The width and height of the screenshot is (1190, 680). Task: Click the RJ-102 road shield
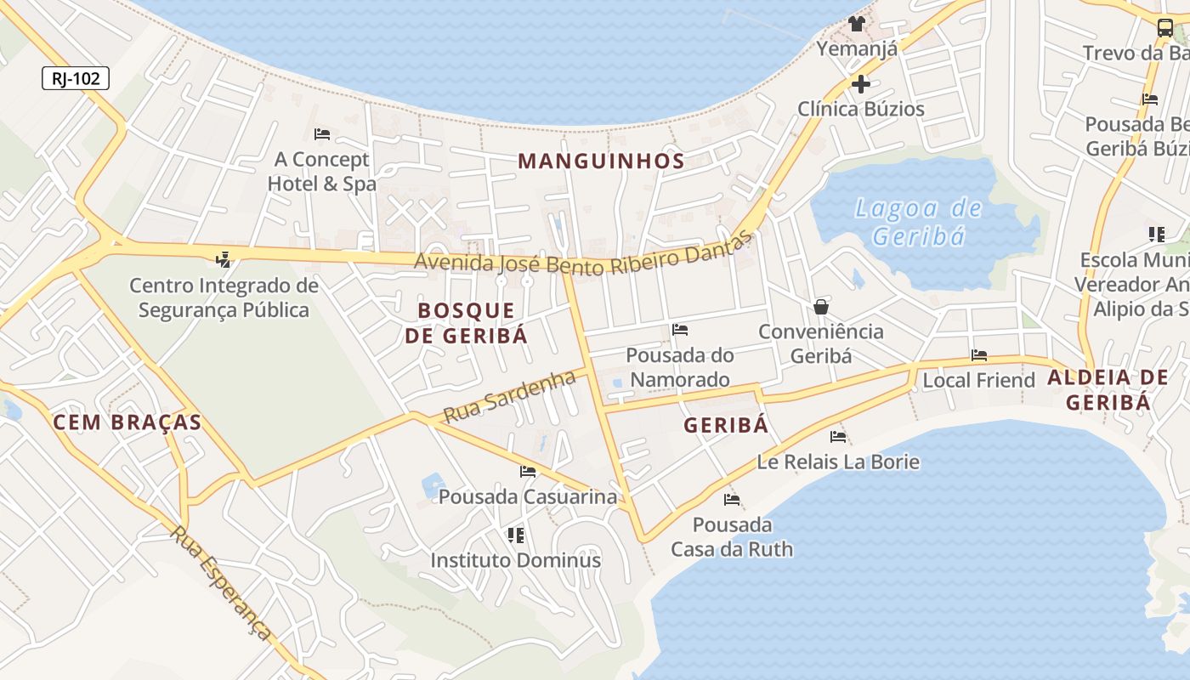[x=76, y=79]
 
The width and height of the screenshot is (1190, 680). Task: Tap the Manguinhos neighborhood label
[x=601, y=161]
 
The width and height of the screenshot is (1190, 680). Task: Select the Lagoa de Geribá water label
[x=918, y=221]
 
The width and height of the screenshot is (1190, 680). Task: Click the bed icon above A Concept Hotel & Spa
[x=322, y=134]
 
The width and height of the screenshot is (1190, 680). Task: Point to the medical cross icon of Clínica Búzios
[x=861, y=84]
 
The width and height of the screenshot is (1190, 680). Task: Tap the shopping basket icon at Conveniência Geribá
[x=821, y=307]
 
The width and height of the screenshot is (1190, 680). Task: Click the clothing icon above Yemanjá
[x=856, y=23]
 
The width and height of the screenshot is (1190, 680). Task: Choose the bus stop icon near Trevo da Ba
[x=1165, y=27]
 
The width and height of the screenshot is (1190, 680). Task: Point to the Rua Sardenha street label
[x=510, y=397]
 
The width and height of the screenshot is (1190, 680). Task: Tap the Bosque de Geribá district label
[x=466, y=323]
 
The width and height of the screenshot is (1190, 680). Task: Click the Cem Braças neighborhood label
[x=127, y=422]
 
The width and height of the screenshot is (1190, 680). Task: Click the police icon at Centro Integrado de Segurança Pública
[x=224, y=258]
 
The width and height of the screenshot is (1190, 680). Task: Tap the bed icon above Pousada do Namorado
[x=680, y=330]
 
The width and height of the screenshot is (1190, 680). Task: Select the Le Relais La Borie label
[x=838, y=462]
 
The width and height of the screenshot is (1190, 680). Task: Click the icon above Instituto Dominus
[x=515, y=535]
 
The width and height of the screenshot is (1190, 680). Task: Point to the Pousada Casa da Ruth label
[x=732, y=537]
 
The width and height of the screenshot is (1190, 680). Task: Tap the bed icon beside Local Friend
[x=979, y=355]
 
